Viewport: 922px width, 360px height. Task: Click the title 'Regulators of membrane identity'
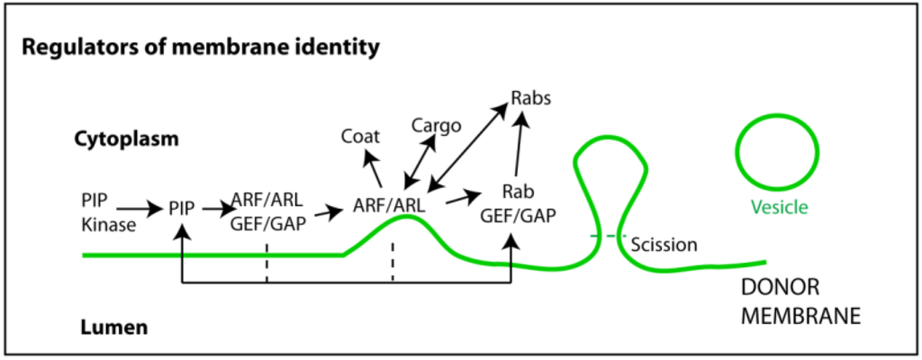click(x=199, y=46)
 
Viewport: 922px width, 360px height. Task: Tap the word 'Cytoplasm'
click(x=126, y=139)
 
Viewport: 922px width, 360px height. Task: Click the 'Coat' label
click(x=360, y=137)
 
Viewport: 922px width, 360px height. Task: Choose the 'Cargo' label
click(x=436, y=124)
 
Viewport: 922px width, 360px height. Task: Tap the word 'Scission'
click(x=664, y=244)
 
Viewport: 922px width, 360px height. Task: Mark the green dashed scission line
click(x=609, y=237)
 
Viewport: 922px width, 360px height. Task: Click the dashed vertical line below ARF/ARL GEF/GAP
click(x=267, y=262)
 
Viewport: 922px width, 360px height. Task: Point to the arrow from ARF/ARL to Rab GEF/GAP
click(x=465, y=195)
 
